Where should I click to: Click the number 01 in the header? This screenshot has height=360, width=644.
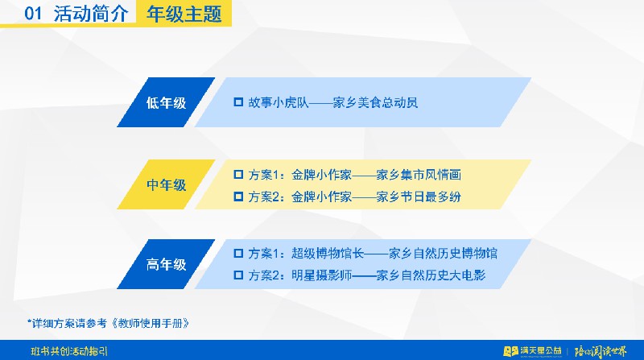[33, 13]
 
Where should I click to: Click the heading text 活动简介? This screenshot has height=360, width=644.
[91, 14]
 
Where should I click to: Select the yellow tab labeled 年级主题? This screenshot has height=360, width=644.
[184, 13]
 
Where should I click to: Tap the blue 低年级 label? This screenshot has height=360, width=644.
[166, 102]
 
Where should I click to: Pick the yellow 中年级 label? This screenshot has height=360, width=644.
[166, 184]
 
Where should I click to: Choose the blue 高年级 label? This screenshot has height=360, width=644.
[166, 264]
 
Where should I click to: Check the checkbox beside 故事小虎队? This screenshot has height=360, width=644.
[238, 102]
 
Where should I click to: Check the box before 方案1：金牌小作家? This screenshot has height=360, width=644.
[238, 174]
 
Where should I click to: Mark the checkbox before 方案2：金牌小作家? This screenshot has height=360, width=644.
[238, 197]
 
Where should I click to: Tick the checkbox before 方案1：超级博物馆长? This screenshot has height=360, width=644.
[238, 253]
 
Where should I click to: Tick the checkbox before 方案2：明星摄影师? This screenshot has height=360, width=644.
[238, 275]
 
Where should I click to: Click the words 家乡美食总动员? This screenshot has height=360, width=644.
[375, 102]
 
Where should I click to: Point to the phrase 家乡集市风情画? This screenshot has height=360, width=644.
[419, 175]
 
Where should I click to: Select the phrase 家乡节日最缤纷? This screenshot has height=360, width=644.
[419, 197]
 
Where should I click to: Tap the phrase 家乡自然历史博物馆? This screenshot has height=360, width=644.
[443, 253]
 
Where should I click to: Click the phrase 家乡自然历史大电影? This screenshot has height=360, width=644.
[431, 275]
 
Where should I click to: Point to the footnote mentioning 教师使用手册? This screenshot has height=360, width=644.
[109, 324]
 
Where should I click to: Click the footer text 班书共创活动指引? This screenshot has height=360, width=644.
[69, 351]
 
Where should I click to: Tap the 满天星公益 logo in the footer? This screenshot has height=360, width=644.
[532, 351]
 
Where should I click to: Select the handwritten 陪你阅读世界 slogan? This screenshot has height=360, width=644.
[601, 351]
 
